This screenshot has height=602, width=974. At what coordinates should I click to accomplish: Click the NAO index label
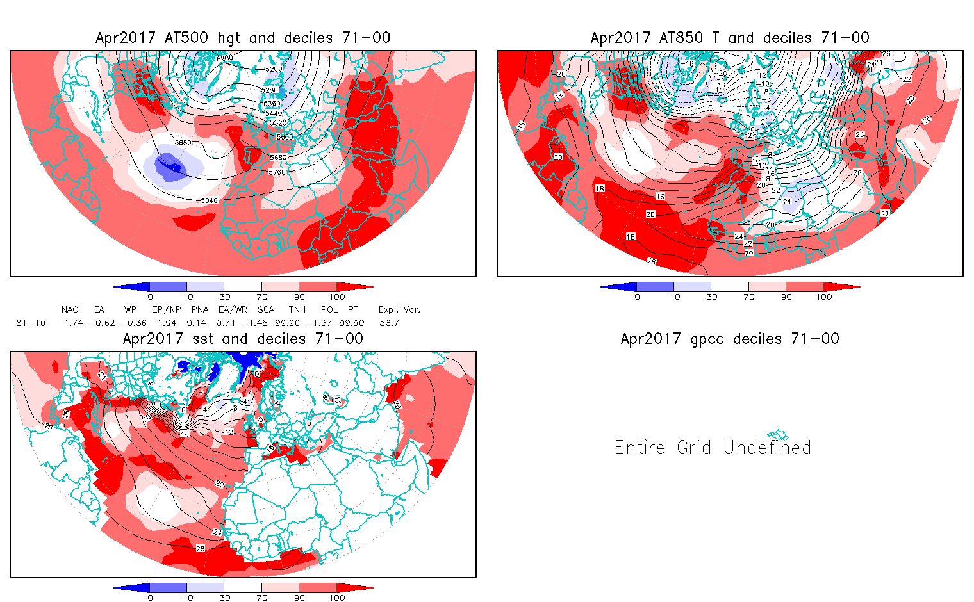[x=70, y=309]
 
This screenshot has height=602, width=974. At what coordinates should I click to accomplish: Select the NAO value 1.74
[x=74, y=323]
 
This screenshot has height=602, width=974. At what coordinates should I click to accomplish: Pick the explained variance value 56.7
[x=389, y=323]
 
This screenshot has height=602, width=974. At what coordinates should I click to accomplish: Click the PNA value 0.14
[x=196, y=323]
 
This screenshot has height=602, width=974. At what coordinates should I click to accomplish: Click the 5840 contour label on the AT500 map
[x=210, y=200]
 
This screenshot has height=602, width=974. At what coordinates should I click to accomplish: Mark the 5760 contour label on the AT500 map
[x=277, y=172]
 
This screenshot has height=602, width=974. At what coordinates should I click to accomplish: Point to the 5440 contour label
[x=274, y=113]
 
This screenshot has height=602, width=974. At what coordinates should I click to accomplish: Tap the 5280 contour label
[x=270, y=90]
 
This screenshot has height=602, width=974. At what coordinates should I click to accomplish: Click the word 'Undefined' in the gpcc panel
[x=767, y=447]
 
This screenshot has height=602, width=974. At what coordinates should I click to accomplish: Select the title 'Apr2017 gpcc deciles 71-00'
[x=730, y=339]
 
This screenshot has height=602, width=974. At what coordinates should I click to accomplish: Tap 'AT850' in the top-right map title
[x=682, y=38]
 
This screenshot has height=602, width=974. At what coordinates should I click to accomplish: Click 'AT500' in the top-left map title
[x=186, y=38]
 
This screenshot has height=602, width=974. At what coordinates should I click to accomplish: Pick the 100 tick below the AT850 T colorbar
[x=824, y=297]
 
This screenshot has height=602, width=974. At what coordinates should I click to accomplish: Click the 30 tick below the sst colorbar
[x=225, y=598]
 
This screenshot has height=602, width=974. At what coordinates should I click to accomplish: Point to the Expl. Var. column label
[x=399, y=309]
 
